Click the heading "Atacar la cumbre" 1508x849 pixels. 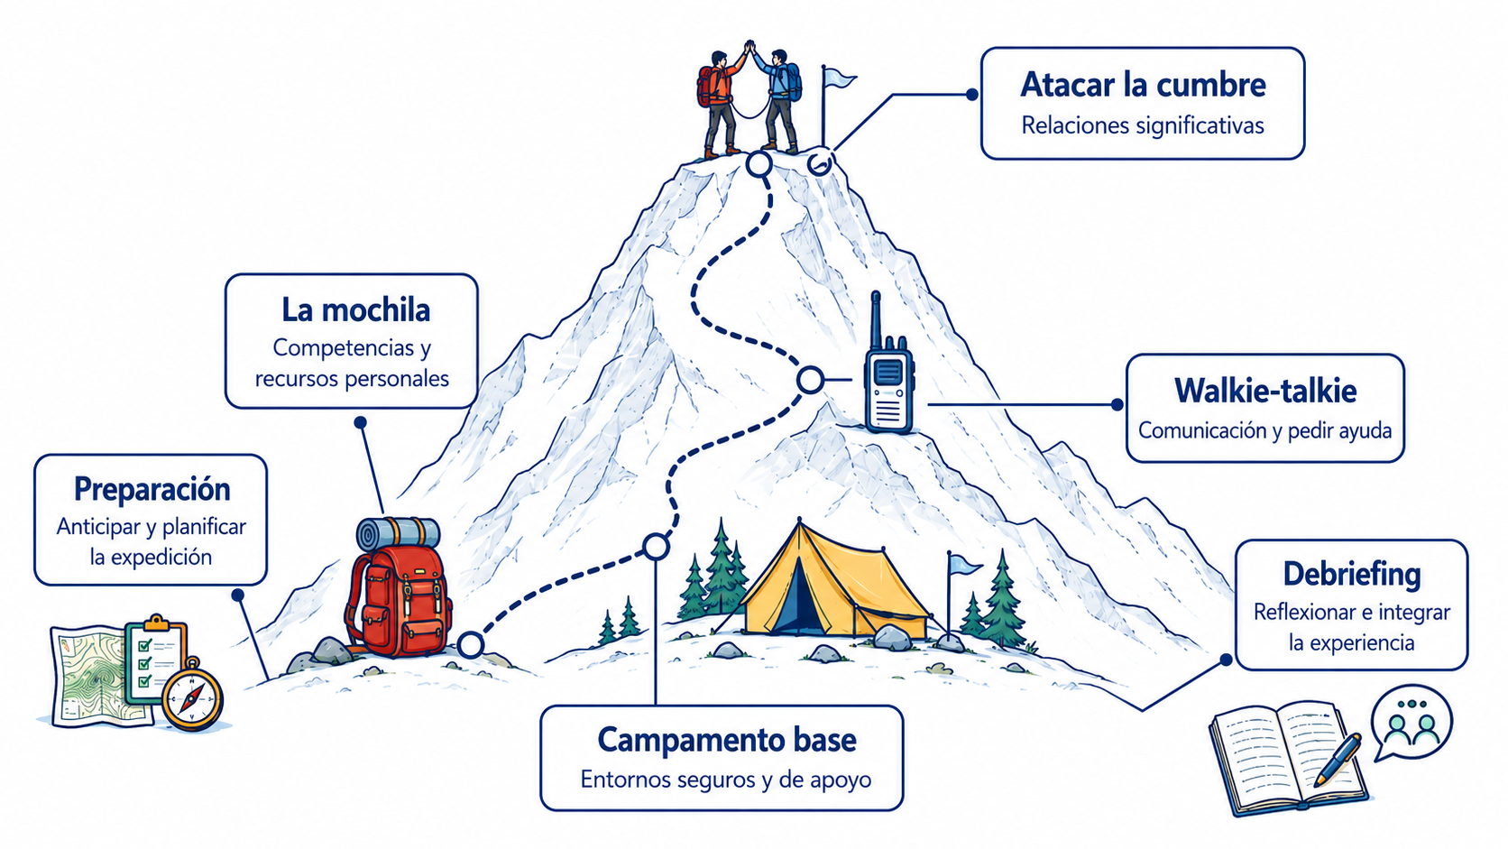pos(1143,85)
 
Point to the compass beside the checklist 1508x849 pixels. pos(192,696)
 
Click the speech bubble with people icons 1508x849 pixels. pos(1411,722)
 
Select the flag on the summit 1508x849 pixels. pos(835,101)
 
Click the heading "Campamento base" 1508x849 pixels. pos(727,739)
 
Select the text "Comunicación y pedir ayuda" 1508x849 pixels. pos(1265,430)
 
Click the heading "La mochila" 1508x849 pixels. pos(355,310)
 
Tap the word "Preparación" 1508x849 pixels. pos(152,489)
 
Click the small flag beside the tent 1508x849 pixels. pos(961,593)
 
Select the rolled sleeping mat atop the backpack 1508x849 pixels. pos(398,533)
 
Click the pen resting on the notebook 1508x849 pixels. pos(1338,760)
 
